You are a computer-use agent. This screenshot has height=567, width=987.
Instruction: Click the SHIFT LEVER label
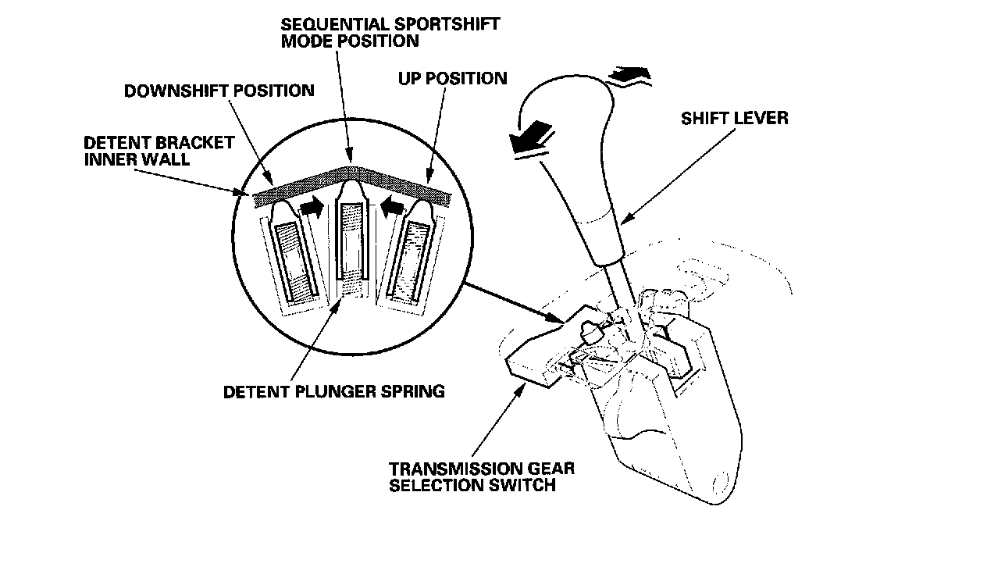734,119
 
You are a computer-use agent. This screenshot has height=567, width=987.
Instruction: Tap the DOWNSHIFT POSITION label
219,91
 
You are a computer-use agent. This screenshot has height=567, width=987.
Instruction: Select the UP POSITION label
452,78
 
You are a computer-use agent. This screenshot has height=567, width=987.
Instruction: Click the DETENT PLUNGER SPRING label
334,391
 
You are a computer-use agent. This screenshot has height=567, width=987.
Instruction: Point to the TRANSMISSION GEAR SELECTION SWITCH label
482,476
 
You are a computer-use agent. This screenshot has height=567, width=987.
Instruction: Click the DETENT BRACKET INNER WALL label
159,151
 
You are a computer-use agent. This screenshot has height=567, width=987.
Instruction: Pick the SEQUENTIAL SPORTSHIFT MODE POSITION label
390,31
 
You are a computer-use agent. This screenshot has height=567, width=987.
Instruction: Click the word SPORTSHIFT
435,23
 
